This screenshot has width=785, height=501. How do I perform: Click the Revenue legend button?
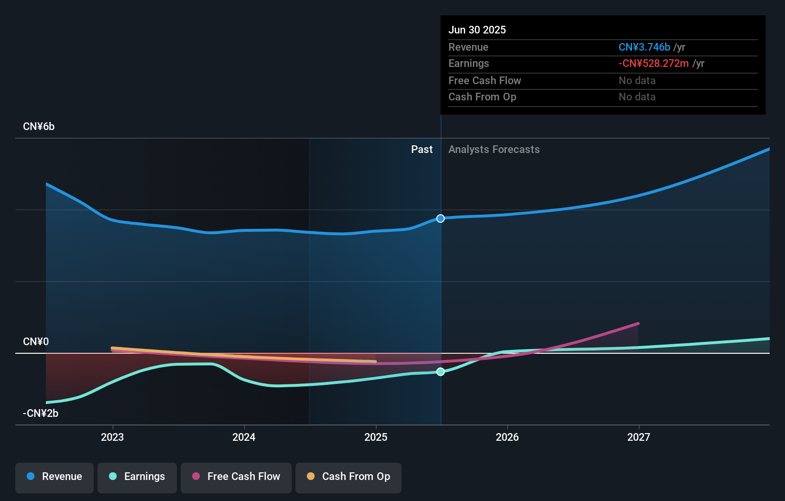[55, 477]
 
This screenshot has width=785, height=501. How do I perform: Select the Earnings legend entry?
[137, 477]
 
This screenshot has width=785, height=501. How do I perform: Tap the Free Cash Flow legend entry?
[236, 477]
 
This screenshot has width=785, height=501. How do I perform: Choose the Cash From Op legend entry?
[349, 477]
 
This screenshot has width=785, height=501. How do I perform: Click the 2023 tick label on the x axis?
[112, 437]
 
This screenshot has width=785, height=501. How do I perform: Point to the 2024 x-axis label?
[244, 437]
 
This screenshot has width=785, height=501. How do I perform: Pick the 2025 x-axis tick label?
[376, 437]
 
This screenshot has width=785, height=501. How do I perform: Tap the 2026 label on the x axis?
[507, 437]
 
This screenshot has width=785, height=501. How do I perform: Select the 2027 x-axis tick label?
[639, 437]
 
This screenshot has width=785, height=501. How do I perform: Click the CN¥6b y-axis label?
[39, 127]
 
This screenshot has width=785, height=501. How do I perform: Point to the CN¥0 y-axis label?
[36, 342]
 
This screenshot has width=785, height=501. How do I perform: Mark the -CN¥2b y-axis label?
[41, 414]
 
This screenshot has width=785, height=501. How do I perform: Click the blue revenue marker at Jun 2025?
[440, 218]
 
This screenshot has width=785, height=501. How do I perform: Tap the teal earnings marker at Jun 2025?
[440, 371]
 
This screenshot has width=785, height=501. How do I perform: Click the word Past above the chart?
[422, 150]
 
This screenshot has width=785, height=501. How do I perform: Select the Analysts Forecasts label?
[494, 150]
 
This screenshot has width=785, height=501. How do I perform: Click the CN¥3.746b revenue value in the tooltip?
[644, 47]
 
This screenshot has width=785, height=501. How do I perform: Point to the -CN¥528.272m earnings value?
[654, 64]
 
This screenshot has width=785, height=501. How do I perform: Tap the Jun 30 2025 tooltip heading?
[477, 30]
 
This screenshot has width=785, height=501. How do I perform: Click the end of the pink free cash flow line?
[638, 324]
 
